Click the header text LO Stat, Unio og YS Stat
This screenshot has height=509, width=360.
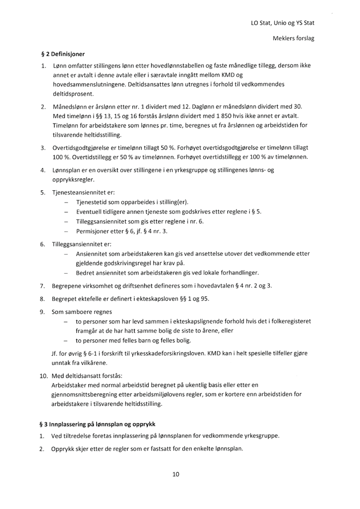pos(283,23)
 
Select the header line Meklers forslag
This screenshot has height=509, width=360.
pos(294,39)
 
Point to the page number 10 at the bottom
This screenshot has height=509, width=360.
pos(176,474)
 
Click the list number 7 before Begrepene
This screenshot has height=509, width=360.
pos(42,285)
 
